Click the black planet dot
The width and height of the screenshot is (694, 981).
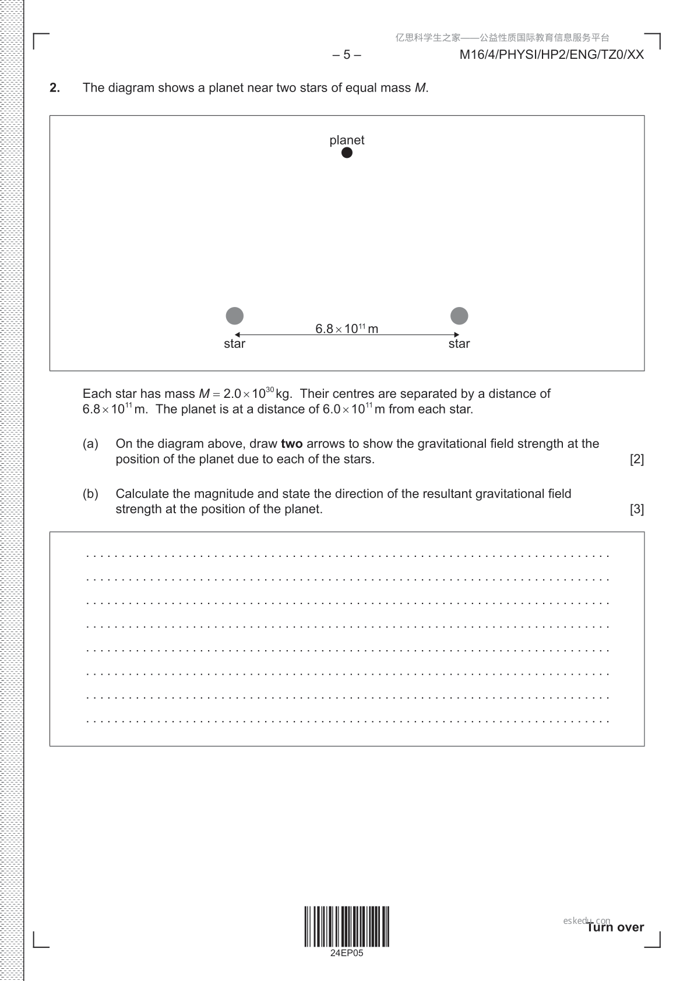click(347, 153)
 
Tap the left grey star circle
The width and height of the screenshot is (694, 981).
click(234, 316)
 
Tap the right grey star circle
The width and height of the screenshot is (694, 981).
click(459, 316)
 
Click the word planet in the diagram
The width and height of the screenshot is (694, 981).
click(347, 140)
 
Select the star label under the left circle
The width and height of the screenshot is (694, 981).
click(234, 344)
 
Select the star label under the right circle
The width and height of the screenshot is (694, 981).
click(459, 344)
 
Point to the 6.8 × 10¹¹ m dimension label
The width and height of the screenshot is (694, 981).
click(347, 329)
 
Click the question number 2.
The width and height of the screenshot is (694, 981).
click(55, 88)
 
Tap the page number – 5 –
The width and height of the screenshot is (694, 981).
click(347, 55)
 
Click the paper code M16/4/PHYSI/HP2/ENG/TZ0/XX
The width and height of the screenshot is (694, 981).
click(551, 55)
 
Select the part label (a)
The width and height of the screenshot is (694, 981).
click(90, 444)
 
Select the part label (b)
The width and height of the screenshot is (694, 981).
click(90, 494)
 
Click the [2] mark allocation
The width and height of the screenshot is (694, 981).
click(637, 459)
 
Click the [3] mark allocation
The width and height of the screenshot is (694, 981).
click(637, 509)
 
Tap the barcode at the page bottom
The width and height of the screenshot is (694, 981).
click(347, 926)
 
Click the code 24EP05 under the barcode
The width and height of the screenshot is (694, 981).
click(347, 953)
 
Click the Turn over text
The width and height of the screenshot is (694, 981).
click(615, 927)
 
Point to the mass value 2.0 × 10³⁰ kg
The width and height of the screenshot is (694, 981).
click(258, 394)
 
